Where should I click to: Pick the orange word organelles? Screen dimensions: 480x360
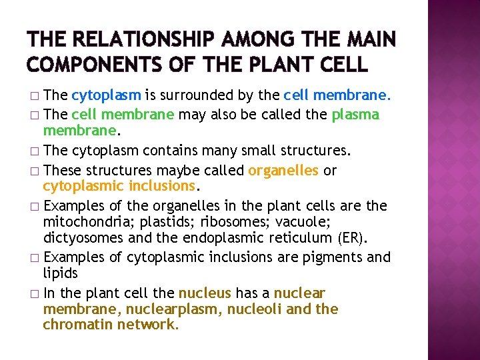283,170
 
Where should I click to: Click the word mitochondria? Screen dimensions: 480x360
84,221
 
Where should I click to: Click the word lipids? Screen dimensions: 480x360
61,273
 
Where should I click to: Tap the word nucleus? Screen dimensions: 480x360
205,293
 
